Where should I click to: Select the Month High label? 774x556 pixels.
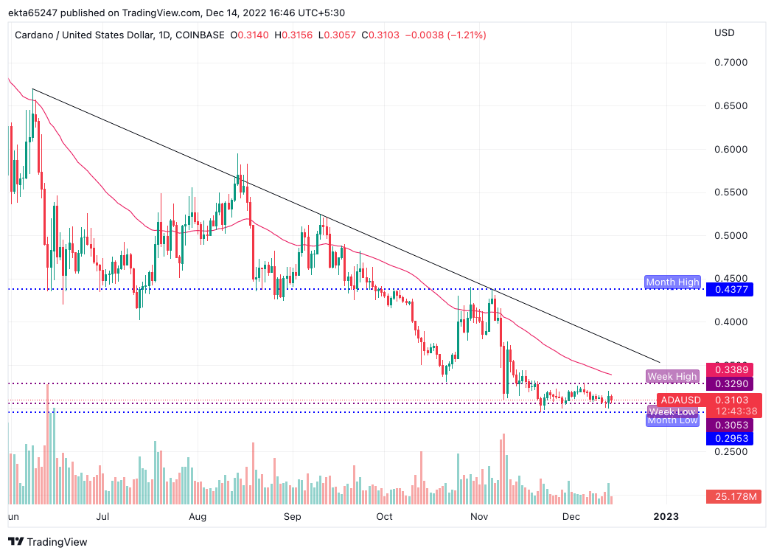coord(672,282)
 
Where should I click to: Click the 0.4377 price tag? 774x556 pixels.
coord(729,290)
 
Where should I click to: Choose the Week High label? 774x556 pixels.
coord(672,376)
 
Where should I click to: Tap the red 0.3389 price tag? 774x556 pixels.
coord(729,369)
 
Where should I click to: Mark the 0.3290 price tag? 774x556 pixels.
coord(729,384)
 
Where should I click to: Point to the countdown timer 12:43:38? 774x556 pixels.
coord(729,411)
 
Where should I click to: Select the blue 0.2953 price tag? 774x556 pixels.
coord(729,439)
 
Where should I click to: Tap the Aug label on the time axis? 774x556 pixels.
coord(197,517)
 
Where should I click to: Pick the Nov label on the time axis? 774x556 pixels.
coord(480,517)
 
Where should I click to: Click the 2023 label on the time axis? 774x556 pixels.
coord(666,517)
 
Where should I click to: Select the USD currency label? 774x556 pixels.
coord(725,32)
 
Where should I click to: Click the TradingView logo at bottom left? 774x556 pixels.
coord(49,542)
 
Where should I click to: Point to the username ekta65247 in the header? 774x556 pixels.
coord(34,13)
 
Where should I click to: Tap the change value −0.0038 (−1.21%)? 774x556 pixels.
coord(445,35)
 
